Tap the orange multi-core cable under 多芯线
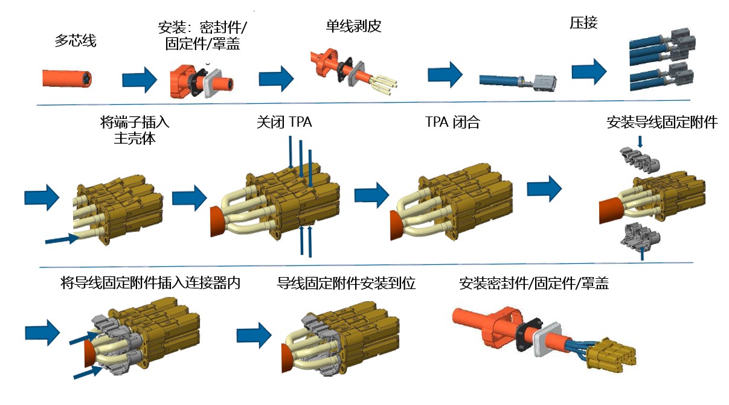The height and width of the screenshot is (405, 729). click(67, 79)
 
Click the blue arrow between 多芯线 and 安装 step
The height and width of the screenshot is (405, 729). click(139, 80)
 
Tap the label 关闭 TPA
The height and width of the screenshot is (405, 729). click(284, 123)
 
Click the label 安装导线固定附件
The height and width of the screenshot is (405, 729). click(661, 123)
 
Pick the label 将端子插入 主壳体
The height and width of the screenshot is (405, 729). click(134, 130)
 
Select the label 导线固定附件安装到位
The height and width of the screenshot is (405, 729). click(346, 283)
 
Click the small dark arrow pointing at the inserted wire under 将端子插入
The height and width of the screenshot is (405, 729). click(62, 240)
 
